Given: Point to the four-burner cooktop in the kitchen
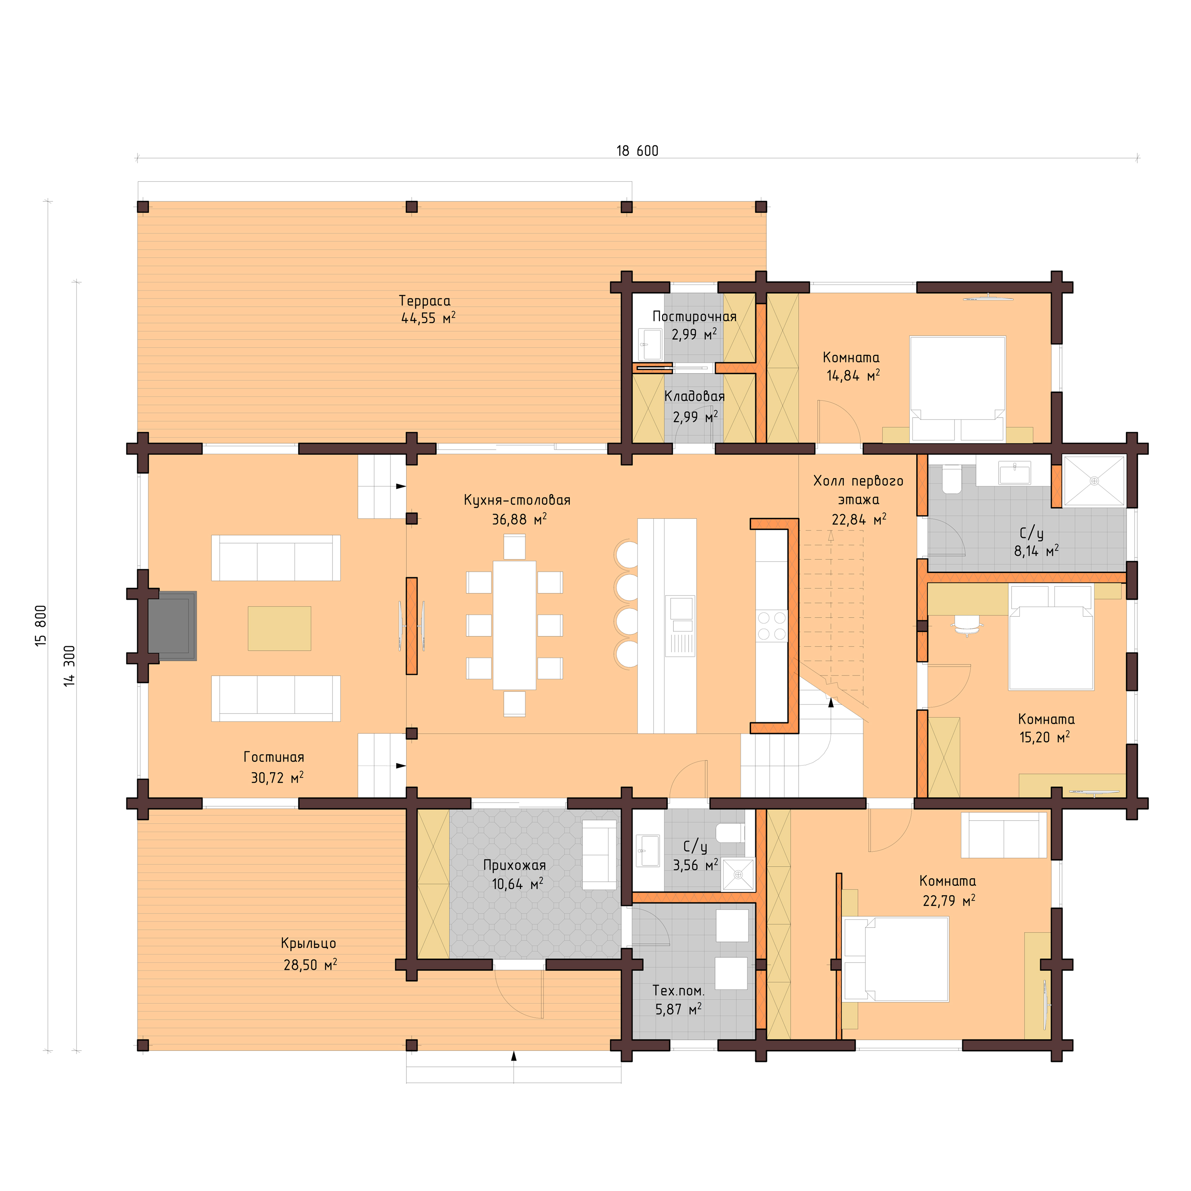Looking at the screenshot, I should coord(772,625).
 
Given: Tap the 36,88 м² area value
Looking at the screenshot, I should coord(518,520).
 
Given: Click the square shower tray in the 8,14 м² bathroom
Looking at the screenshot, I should coord(1094,481).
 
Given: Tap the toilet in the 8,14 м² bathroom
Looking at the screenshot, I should coord(951,480).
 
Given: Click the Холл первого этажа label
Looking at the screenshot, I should coord(858,490).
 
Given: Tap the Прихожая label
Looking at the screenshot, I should coord(514,865).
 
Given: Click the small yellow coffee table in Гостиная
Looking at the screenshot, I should coord(279,628).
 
